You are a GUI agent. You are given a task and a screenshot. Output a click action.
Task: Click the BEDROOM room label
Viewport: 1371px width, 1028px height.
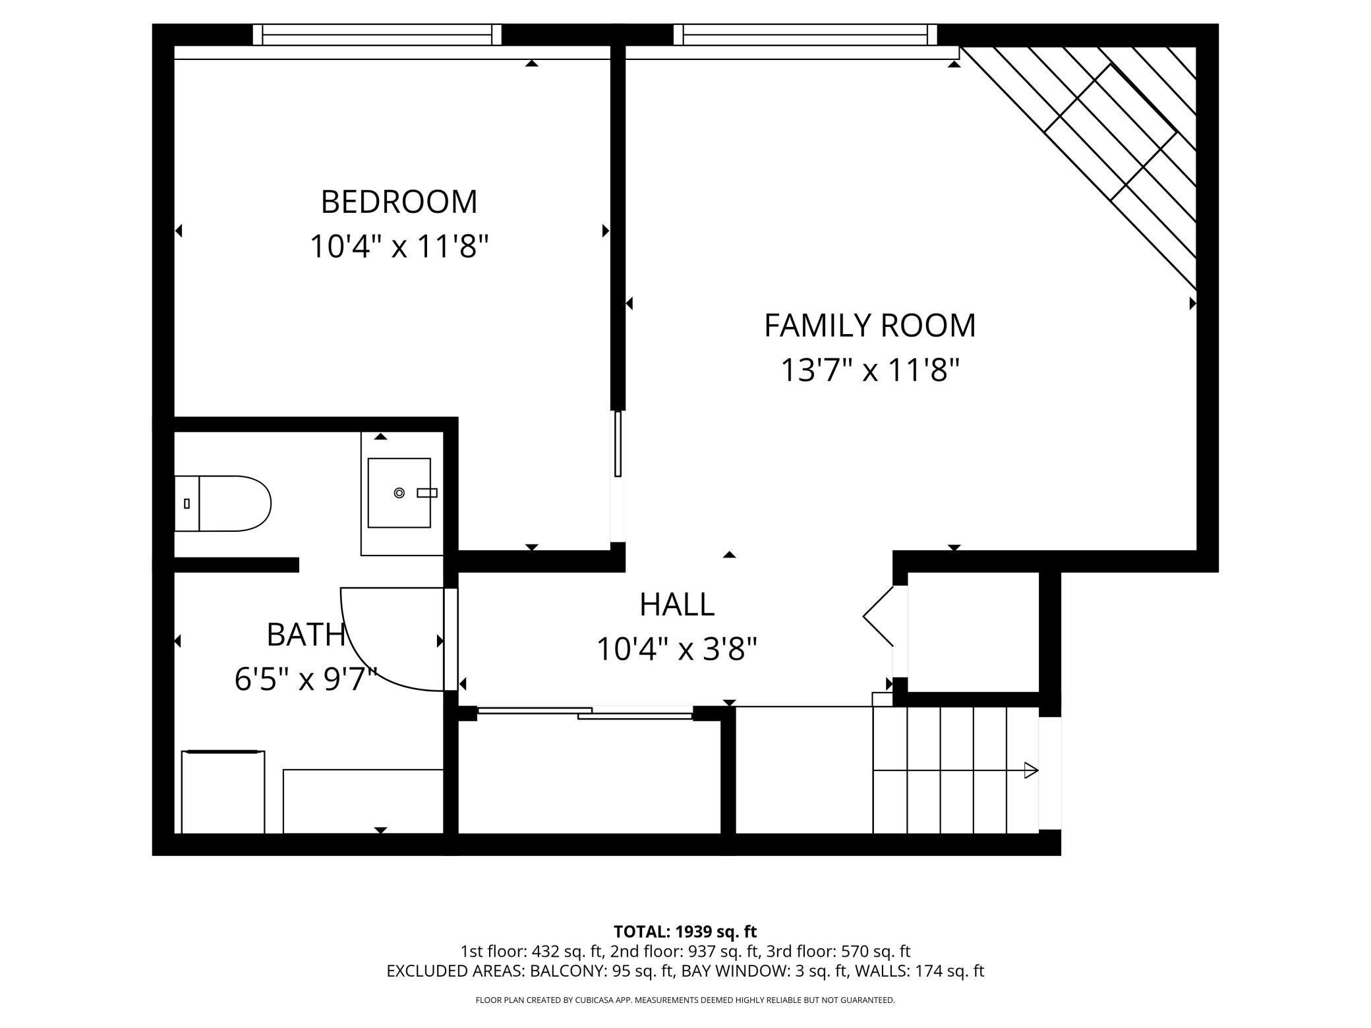399,202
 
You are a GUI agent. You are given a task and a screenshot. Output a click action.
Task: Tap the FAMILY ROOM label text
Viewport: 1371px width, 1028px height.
869,326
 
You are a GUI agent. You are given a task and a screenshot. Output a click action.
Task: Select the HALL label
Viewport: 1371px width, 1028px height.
677,605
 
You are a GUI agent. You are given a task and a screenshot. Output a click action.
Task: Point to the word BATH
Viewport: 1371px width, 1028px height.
306,635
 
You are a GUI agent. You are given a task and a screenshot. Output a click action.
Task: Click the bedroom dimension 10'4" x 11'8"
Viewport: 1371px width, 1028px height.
399,247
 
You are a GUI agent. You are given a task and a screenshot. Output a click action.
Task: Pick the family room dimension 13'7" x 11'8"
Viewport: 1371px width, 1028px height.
869,370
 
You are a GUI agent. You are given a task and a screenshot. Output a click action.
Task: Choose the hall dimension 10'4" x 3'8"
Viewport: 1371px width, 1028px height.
677,649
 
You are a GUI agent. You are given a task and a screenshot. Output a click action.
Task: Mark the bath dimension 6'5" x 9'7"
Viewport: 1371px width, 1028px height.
306,679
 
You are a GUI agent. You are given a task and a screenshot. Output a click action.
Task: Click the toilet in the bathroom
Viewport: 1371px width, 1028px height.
223,503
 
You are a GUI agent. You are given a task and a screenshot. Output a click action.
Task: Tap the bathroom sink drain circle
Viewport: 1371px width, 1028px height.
399,492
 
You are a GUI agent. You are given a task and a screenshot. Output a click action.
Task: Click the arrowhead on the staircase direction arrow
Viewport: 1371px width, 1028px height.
1032,770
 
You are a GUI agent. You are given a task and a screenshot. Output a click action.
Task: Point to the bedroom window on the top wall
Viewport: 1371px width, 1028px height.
377,35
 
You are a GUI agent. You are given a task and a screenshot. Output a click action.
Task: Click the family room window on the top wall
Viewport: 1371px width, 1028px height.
805,35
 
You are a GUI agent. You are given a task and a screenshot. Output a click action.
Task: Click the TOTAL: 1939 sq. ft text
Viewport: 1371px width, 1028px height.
685,932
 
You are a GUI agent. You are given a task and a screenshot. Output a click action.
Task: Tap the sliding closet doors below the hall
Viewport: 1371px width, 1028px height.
585,712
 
